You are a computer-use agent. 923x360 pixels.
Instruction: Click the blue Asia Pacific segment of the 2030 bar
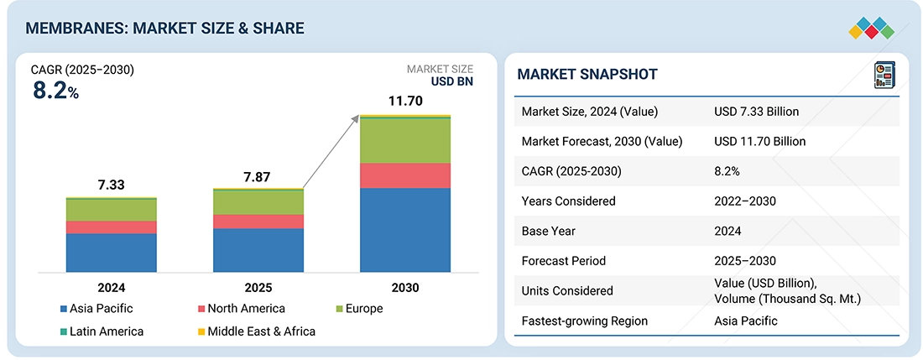404,229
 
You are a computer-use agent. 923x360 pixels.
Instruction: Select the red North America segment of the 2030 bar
404,175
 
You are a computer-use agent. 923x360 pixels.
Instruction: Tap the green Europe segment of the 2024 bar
112,210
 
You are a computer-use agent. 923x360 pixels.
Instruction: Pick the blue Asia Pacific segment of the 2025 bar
258,250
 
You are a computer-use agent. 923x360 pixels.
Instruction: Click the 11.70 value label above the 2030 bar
405,101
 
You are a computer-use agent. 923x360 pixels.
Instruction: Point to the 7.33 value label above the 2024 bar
112,185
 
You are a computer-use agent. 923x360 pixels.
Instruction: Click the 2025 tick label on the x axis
258,287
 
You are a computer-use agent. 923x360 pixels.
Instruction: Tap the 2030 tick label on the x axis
404,287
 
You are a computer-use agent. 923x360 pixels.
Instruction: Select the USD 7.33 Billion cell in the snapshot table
756,112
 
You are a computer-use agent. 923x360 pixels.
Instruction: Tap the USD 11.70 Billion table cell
759,142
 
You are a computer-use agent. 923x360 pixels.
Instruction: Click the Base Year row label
547,231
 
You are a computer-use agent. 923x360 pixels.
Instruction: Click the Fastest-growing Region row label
584,321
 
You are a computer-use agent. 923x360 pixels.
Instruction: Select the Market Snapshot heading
587,75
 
